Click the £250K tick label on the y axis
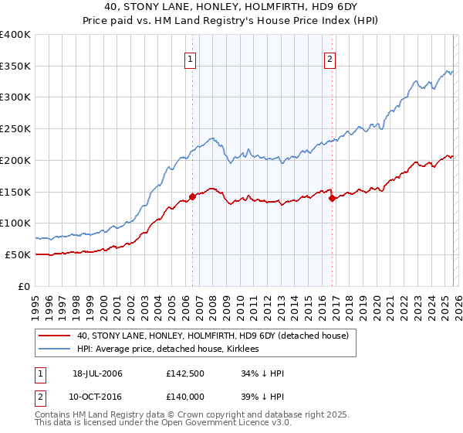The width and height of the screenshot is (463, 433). pyautogui.click(x=15, y=129)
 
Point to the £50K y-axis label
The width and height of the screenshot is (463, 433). pyautogui.click(x=18, y=254)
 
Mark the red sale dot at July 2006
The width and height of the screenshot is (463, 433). pyautogui.click(x=193, y=196)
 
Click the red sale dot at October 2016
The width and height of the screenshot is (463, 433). pyautogui.click(x=332, y=198)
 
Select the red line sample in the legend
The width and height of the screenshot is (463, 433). pyautogui.click(x=55, y=336)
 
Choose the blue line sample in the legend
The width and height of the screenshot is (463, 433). pyautogui.click(x=55, y=349)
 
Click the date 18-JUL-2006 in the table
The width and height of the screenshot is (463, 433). pyautogui.click(x=97, y=374)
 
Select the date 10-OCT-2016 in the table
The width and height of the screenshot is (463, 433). pyautogui.click(x=98, y=396)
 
